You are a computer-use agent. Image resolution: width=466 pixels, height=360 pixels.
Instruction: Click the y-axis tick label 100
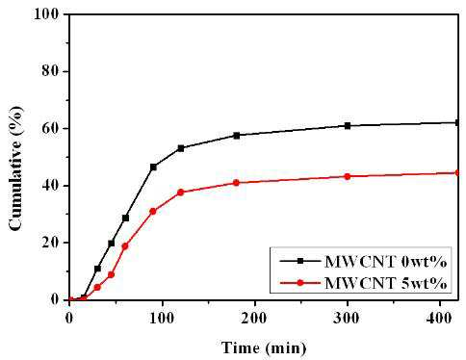coord(46,14)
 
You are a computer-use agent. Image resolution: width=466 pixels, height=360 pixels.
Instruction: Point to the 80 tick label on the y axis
coord(50,71)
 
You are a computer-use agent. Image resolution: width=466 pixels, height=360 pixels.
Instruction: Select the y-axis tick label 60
coord(50,128)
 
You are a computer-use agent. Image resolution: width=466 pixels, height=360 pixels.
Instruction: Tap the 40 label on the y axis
coord(50,186)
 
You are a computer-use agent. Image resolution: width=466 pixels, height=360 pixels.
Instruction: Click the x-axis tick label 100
coord(162,319)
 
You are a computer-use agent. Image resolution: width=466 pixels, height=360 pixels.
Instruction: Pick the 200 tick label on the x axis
coord(254,319)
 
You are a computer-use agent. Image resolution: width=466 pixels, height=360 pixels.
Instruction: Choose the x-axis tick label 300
coord(347,319)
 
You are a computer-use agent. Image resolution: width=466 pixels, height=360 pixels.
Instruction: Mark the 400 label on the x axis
coord(439,319)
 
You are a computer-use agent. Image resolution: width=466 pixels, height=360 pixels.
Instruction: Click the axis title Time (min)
coord(264,348)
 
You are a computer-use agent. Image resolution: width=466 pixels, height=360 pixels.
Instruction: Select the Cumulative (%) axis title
coord(16,168)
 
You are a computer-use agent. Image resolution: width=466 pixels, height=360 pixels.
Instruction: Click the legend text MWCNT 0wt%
coord(386,262)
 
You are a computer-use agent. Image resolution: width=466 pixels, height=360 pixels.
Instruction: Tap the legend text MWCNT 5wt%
coord(386,283)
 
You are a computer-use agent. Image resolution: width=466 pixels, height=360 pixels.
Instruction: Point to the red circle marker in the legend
coord(300,283)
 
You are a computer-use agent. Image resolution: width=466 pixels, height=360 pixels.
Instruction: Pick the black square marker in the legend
coord(300,262)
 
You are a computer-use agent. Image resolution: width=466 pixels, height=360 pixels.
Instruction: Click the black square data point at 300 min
coord(348,125)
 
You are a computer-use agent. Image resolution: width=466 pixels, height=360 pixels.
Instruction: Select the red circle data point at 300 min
coord(348,176)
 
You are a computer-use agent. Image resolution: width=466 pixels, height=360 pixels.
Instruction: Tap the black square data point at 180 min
coord(237,136)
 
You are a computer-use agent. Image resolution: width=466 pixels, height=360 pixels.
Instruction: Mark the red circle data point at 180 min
coord(236,183)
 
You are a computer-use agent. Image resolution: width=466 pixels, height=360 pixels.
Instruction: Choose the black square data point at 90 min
coord(153,167)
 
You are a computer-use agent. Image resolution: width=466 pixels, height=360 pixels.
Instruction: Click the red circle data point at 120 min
coord(180,193)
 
